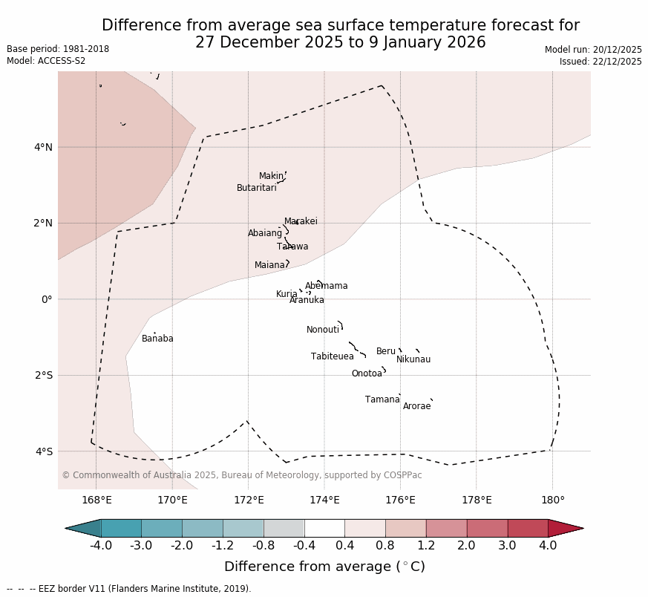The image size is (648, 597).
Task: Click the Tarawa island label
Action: click(292, 247)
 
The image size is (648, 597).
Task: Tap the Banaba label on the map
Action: click(157, 339)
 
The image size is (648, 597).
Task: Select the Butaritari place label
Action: click(256, 188)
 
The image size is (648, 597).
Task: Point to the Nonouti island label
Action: click(322, 330)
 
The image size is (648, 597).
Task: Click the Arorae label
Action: click(416, 406)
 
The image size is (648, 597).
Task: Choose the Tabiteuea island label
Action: click(332, 356)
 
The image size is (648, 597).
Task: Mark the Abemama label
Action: click(326, 286)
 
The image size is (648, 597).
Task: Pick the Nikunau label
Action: click(413, 359)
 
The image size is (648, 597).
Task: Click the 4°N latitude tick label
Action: click(43, 147)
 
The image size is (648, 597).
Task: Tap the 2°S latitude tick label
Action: click(43, 375)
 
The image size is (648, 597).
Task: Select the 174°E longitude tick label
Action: click(324, 500)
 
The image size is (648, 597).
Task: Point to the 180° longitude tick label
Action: click(552, 500)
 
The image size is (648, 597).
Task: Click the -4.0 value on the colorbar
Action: click(101, 546)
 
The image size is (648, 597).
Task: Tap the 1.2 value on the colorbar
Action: click(426, 546)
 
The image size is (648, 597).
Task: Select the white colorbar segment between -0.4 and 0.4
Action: click(324, 528)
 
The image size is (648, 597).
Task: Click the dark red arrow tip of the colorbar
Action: click(567, 528)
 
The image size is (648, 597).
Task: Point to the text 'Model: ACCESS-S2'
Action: click(46, 61)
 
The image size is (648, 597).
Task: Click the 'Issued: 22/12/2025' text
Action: click(600, 62)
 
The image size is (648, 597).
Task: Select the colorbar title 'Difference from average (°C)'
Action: click(324, 567)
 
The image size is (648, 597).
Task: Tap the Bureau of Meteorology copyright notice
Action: click(241, 475)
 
